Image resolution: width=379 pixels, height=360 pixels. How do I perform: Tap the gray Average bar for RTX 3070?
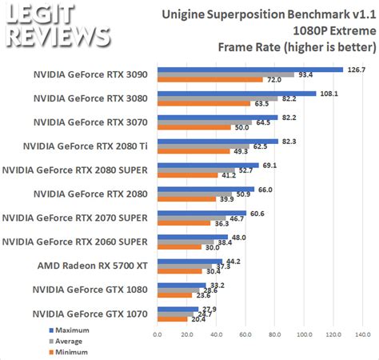coord(204,122)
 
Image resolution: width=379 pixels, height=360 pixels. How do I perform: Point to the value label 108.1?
coord(328,93)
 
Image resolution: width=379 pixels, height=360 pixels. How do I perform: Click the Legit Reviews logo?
coord(58,26)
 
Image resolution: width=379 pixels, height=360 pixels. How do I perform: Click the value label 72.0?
coord(274,80)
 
